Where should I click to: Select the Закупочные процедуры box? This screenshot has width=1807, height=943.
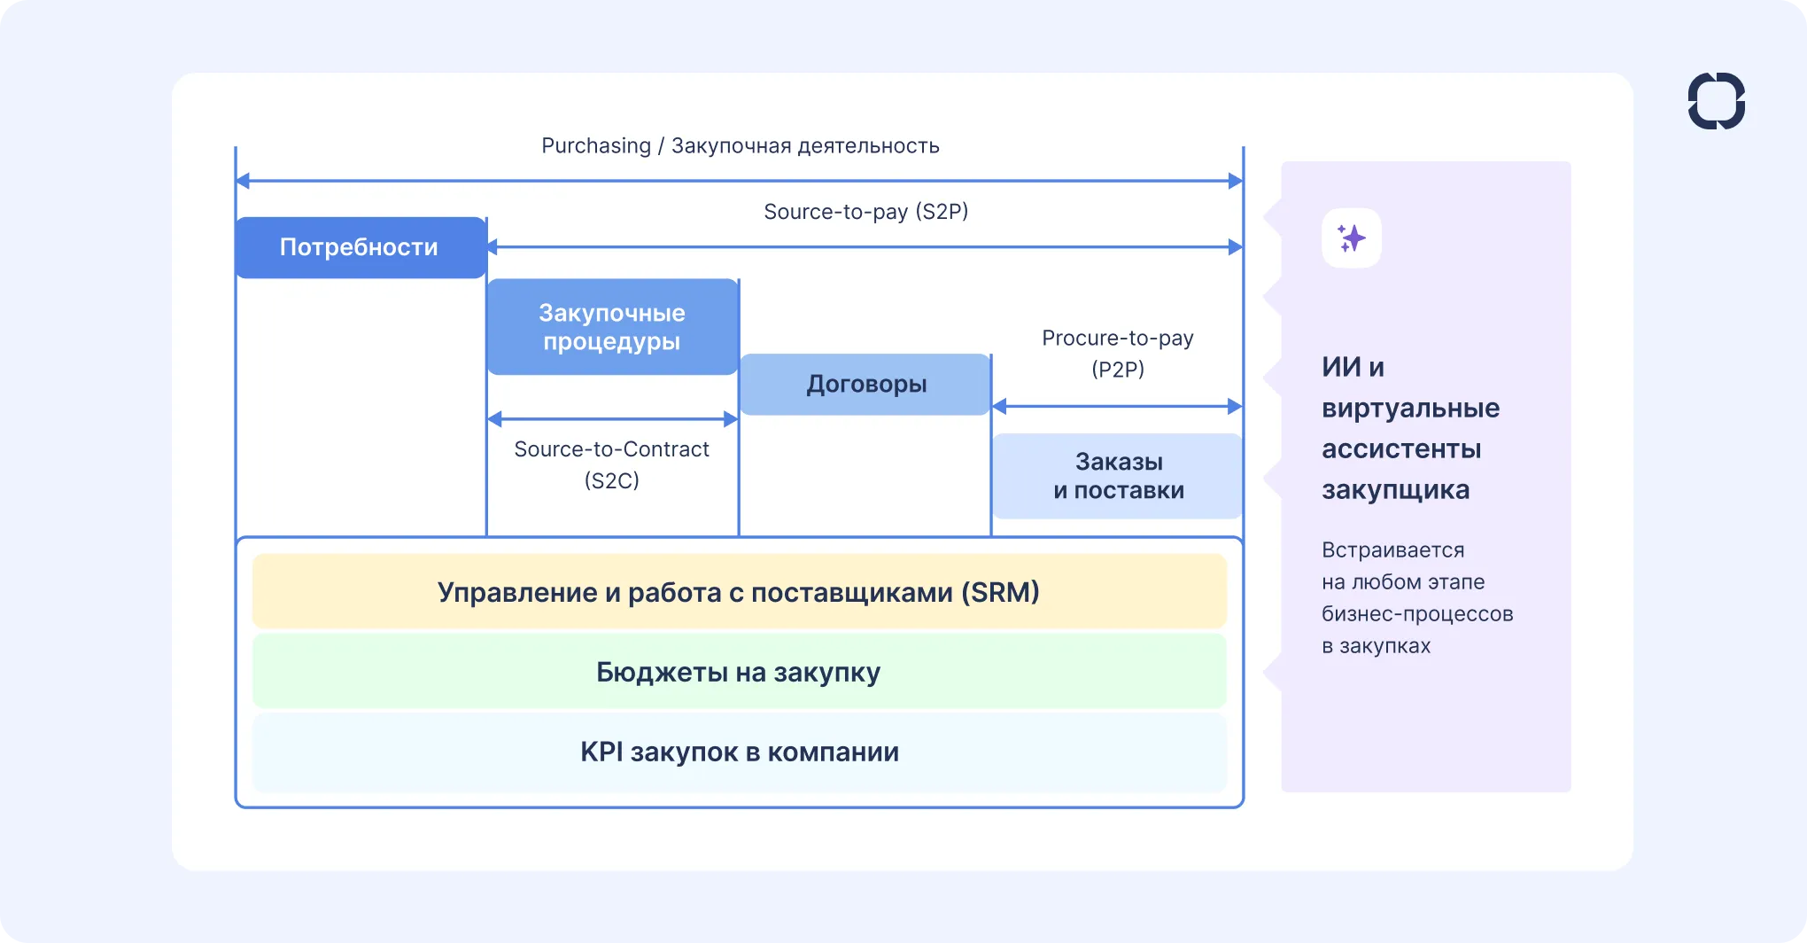coord(612,327)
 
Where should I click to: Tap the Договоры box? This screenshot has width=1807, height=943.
coord(865,385)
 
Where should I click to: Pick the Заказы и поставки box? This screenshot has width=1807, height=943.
coord(1118,476)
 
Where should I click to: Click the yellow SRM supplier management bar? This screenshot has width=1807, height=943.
coord(739,592)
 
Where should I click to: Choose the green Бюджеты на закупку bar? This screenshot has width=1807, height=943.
coord(739,672)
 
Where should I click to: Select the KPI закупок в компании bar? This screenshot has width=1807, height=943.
coord(739,752)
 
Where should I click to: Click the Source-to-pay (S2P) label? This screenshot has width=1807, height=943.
coord(865,212)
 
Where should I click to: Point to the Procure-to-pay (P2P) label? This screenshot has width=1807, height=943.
coord(1118,353)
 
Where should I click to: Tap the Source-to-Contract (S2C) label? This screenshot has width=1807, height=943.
coord(611,464)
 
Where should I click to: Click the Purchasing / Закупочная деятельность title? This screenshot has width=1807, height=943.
coord(740,146)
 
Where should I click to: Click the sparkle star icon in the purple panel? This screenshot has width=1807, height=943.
coord(1352,238)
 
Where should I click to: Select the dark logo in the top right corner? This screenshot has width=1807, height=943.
coord(1716,101)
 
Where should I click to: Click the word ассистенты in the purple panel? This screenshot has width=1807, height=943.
coord(1401,449)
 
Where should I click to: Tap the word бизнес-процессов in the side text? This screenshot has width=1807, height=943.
coord(1417,614)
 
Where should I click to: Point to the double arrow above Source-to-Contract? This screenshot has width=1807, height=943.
coord(612,419)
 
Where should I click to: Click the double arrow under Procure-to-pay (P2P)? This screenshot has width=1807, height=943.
coord(1117,407)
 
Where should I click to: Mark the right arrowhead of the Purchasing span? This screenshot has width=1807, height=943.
coord(1235,182)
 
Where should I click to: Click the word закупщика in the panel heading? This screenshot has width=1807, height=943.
coord(1395,490)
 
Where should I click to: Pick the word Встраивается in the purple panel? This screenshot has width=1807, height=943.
coord(1392,550)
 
